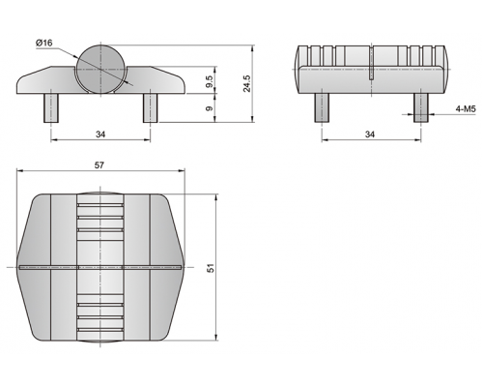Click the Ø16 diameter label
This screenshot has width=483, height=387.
(44, 43)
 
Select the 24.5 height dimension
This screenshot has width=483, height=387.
(247, 83)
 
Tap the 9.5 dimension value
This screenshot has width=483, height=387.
(210, 81)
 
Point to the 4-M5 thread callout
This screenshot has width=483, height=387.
(466, 109)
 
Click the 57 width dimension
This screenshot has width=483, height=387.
(99, 165)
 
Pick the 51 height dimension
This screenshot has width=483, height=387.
(211, 268)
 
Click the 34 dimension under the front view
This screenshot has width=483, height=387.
(100, 134)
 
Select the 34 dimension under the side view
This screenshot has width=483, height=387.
(370, 134)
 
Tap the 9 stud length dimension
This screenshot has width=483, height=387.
(210, 108)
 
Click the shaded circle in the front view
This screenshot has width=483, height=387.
(100, 70)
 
